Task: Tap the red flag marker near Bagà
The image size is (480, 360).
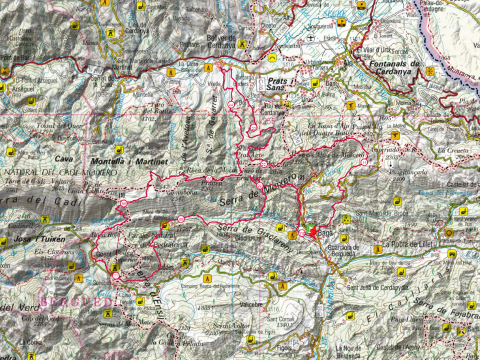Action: click(314, 232)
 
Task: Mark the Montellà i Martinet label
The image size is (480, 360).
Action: click(130, 160)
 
